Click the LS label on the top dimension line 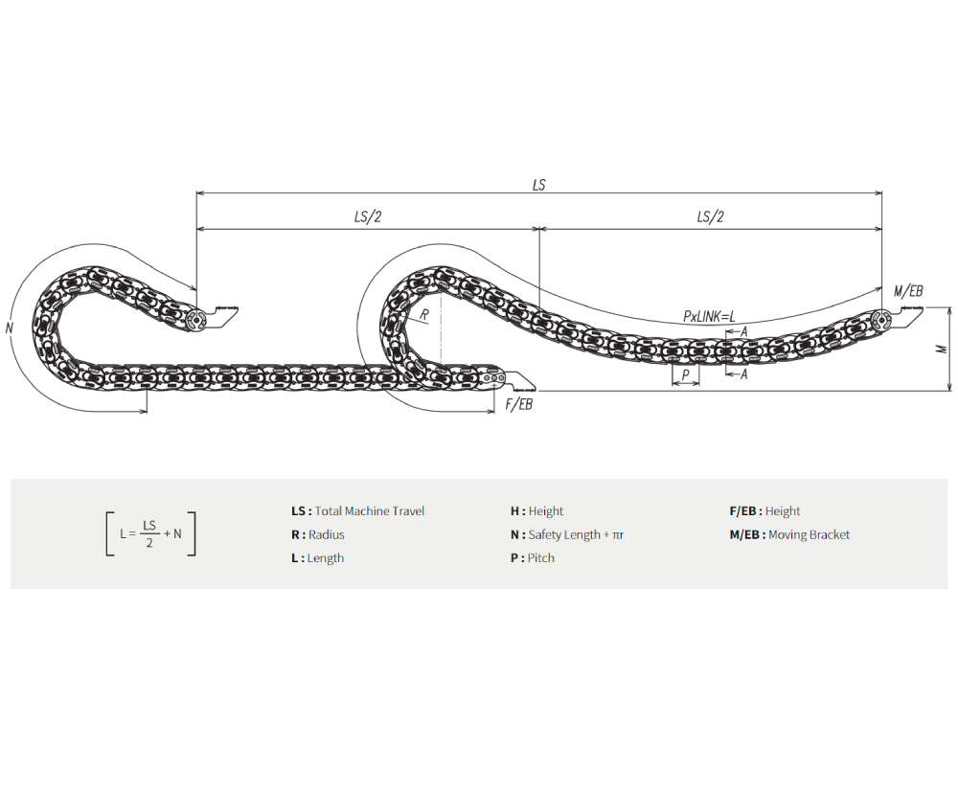(x=538, y=185)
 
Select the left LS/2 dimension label (x=367, y=216)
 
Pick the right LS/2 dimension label (x=710, y=216)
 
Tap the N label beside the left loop (x=10, y=328)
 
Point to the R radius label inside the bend (x=424, y=315)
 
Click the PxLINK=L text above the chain (x=709, y=316)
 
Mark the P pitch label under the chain (x=686, y=374)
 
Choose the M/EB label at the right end (x=908, y=291)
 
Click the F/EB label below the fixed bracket (x=518, y=404)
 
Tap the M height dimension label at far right (x=942, y=349)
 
